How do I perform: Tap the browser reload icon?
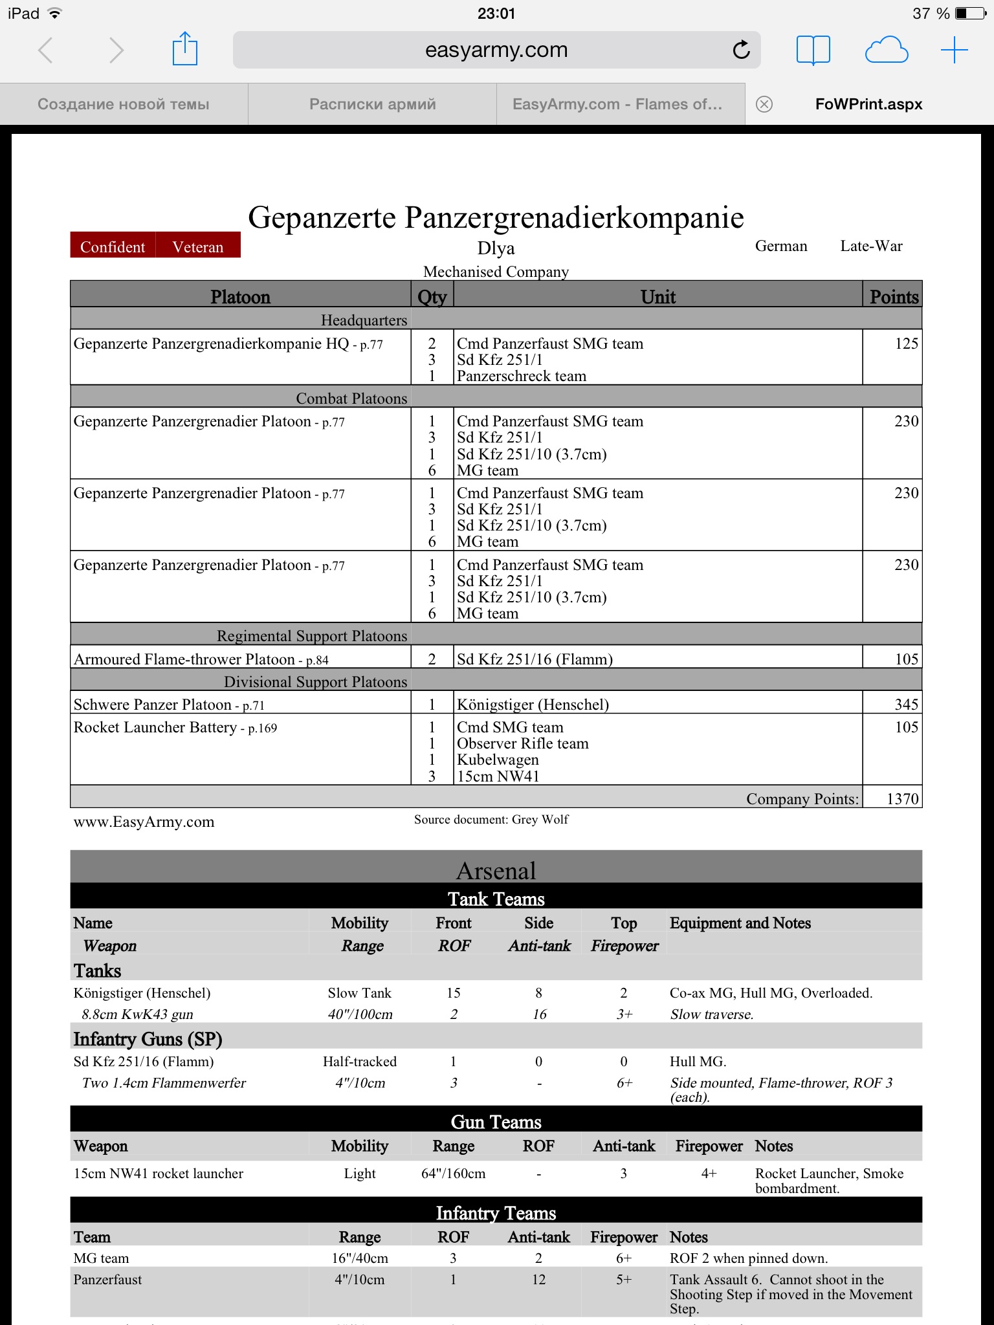[742, 50]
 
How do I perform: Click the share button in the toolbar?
[185, 49]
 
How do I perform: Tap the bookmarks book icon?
[813, 50]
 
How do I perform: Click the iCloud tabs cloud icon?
[887, 50]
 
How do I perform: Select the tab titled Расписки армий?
[372, 104]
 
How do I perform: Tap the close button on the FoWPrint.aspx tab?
[764, 104]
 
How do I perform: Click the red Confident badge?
[113, 246]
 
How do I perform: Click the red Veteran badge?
[198, 246]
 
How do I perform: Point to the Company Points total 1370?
[902, 799]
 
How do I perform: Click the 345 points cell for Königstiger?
[906, 705]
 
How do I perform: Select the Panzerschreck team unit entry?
[522, 377]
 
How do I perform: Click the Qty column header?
[432, 297]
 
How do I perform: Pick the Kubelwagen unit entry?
[498, 760]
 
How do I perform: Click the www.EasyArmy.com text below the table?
[144, 822]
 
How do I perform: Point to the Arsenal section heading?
[496, 871]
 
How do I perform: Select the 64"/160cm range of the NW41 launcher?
[453, 1174]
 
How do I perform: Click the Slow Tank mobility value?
[359, 993]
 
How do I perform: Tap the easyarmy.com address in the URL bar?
[496, 50]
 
